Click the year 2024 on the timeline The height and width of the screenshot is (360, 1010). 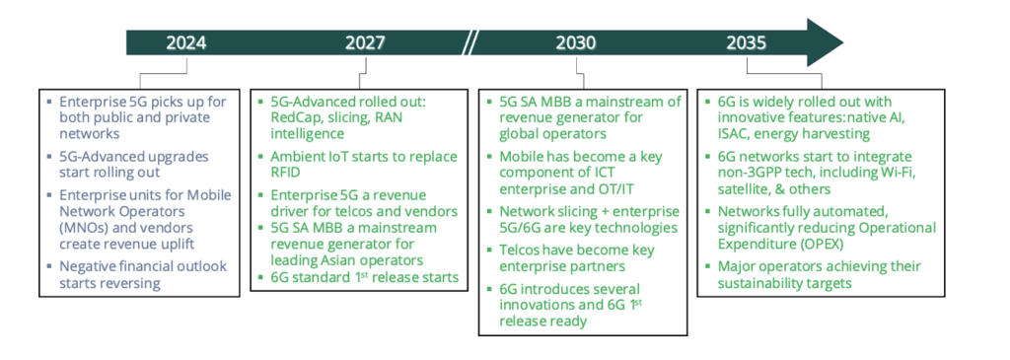pyautogui.click(x=186, y=43)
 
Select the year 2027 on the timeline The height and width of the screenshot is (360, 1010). pyautogui.click(x=365, y=43)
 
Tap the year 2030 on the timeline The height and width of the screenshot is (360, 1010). pyautogui.click(x=575, y=43)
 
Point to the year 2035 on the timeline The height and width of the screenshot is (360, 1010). pyautogui.click(x=747, y=43)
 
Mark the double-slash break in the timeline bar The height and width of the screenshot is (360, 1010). pyautogui.click(x=471, y=43)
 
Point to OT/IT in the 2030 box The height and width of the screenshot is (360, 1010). pyautogui.click(x=647, y=188)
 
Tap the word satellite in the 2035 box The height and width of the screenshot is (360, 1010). pyautogui.click(x=747, y=189)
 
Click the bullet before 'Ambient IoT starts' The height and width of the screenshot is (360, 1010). pyautogui.click(x=259, y=158)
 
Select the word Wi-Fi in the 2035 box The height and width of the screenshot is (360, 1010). pyautogui.click(x=912, y=174)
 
